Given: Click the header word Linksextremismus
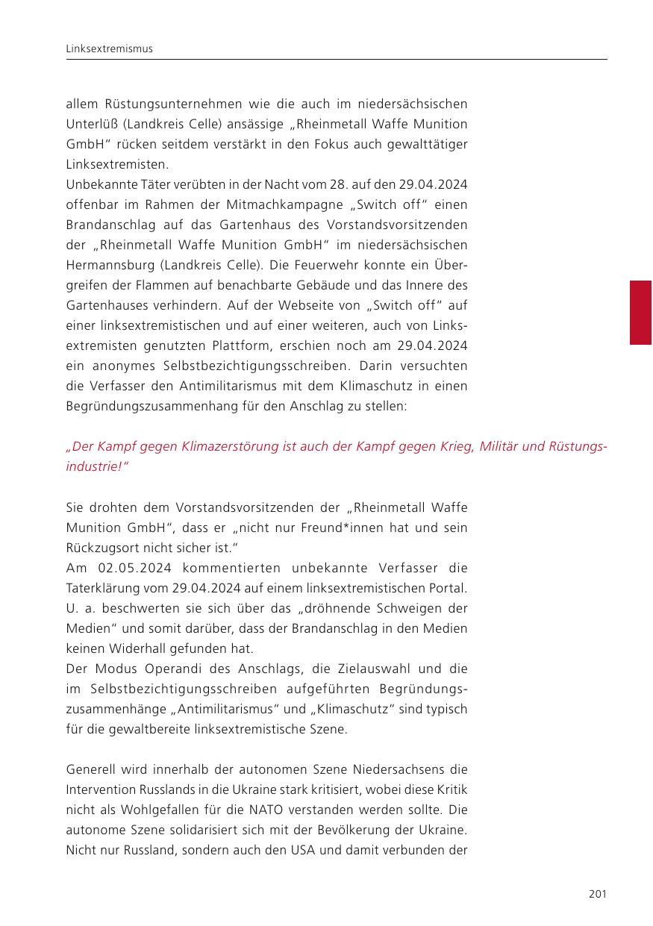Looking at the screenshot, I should (x=109, y=49).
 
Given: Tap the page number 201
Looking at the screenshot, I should (x=597, y=894).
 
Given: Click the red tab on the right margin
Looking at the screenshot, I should (x=640, y=312).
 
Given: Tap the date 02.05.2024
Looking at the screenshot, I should (x=131, y=568).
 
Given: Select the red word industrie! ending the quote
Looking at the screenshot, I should (x=96, y=466).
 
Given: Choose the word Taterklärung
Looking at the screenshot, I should (x=104, y=588).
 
